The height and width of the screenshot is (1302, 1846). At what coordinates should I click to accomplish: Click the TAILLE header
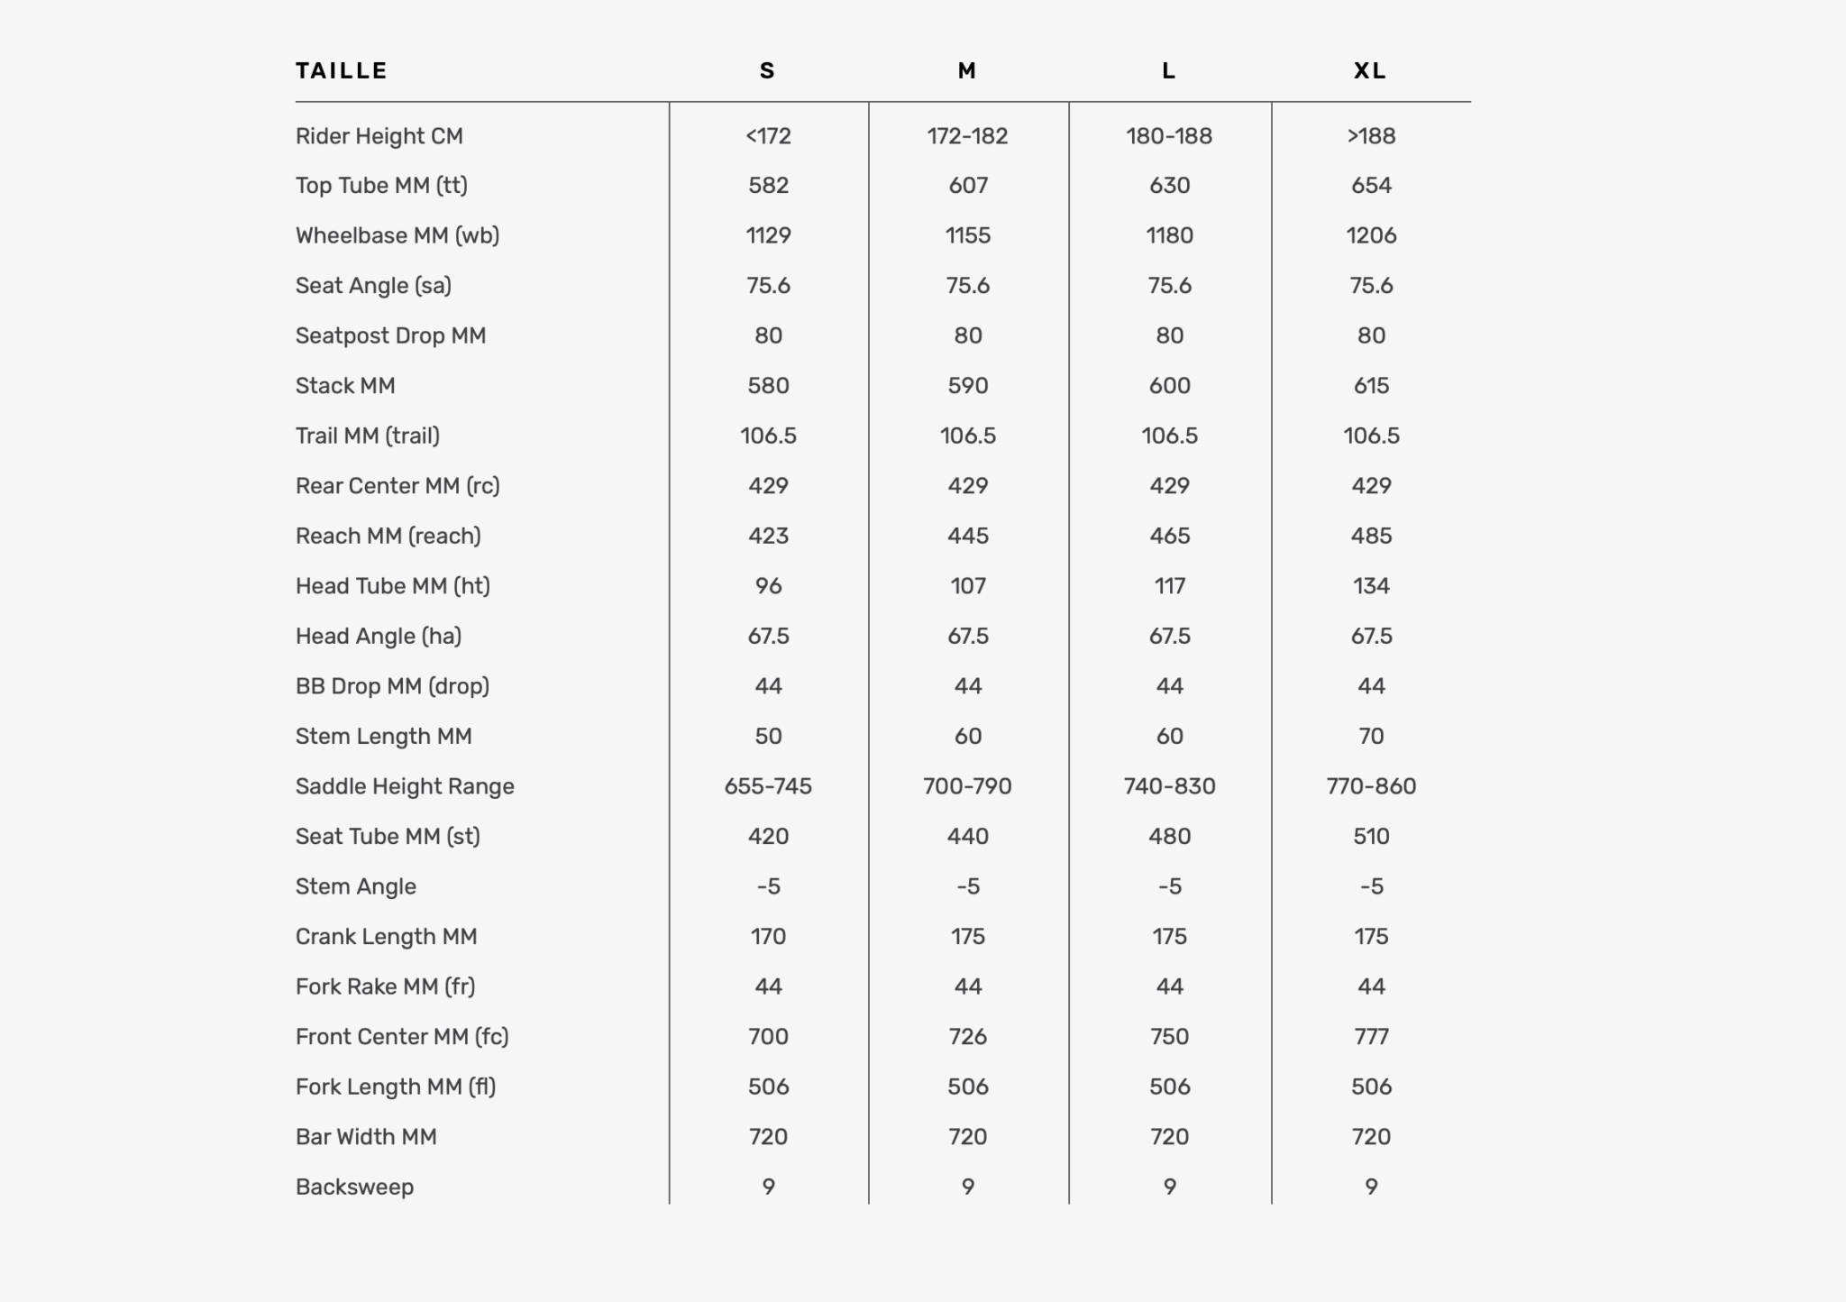pyautogui.click(x=342, y=70)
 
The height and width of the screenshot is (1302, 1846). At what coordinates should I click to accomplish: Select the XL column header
pyautogui.click(x=1370, y=70)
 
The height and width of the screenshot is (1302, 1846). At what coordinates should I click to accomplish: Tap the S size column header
pyautogui.click(x=767, y=70)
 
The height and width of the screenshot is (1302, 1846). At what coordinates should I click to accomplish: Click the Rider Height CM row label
pyautogui.click(x=379, y=136)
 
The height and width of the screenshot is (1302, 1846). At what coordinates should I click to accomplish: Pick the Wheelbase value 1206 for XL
pyautogui.click(x=1371, y=235)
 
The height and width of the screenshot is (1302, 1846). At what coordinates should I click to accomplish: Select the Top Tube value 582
pyautogui.click(x=768, y=186)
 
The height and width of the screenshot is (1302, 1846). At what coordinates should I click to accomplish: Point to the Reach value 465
pyautogui.click(x=1169, y=536)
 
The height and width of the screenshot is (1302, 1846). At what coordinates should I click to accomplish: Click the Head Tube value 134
pyautogui.click(x=1371, y=586)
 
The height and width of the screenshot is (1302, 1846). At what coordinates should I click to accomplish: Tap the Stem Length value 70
pyautogui.click(x=1371, y=736)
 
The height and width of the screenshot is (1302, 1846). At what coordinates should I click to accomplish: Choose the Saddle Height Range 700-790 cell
pyautogui.click(x=967, y=786)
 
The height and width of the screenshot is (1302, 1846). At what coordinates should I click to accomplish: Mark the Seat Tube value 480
pyautogui.click(x=1169, y=836)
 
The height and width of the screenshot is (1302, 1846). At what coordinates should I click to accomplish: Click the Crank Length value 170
pyautogui.click(x=768, y=936)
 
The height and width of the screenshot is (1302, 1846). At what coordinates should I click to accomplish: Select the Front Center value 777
pyautogui.click(x=1371, y=1036)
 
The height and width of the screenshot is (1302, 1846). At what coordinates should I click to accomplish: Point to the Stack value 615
pyautogui.click(x=1371, y=386)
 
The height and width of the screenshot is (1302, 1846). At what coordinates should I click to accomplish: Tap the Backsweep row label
pyautogui.click(x=354, y=1187)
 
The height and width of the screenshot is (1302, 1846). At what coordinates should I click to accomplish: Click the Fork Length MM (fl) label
pyautogui.click(x=396, y=1087)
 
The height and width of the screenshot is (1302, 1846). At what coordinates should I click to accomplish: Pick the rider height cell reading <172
pyautogui.click(x=768, y=136)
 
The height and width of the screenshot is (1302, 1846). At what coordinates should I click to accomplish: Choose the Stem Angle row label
pyautogui.click(x=355, y=886)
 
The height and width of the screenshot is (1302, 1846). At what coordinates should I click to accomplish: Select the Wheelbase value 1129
pyautogui.click(x=768, y=235)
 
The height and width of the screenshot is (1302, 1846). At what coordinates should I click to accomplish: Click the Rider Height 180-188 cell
pyautogui.click(x=1169, y=136)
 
